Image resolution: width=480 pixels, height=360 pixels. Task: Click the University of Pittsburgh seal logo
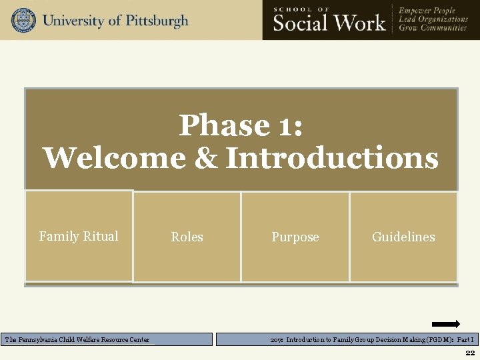click(23, 20)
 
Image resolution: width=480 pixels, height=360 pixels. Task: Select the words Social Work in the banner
click(329, 23)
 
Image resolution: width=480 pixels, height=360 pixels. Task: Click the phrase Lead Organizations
click(433, 19)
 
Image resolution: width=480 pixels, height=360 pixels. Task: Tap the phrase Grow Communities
click(433, 29)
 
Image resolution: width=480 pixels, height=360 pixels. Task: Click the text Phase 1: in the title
click(241, 125)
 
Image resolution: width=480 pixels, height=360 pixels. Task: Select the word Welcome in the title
click(115, 159)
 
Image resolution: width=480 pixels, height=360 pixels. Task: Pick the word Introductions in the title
click(332, 159)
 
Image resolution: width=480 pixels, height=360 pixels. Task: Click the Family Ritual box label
click(79, 237)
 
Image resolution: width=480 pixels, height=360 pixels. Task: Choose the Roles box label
click(187, 237)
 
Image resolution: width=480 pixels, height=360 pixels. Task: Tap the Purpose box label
click(295, 237)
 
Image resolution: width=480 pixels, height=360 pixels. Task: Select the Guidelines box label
click(403, 237)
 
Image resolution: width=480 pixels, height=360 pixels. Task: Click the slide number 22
click(470, 353)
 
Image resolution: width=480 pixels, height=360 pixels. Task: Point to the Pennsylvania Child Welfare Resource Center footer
click(77, 340)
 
